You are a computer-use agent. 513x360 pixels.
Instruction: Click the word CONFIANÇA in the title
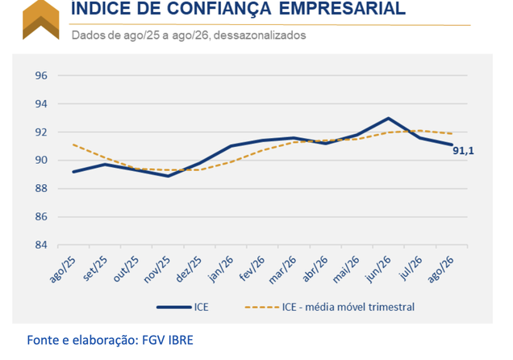pyautogui.click(x=219, y=9)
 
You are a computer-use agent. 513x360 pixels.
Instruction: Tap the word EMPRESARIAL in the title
pyautogui.click(x=342, y=8)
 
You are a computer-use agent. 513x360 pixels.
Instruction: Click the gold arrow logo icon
pyautogui.click(x=41, y=19)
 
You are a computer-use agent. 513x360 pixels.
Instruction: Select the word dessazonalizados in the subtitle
pyautogui.click(x=260, y=35)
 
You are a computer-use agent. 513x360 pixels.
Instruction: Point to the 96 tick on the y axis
pyautogui.click(x=41, y=76)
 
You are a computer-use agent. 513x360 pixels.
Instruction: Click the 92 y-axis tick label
pyautogui.click(x=41, y=132)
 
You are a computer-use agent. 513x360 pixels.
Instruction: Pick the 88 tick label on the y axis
pyautogui.click(x=41, y=189)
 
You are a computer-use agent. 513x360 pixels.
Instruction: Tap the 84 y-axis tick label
pyautogui.click(x=41, y=245)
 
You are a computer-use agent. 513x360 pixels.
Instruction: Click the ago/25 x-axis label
pyautogui.click(x=62, y=270)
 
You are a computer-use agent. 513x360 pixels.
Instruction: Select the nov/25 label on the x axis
pyautogui.click(x=157, y=270)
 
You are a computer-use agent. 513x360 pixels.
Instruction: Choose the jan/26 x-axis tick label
pyautogui.click(x=221, y=269)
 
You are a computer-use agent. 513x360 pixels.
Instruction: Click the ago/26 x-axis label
pyautogui.click(x=441, y=270)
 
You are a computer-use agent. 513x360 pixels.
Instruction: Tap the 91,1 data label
pyautogui.click(x=463, y=151)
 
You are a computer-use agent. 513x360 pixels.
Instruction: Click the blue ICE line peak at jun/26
pyautogui.click(x=388, y=118)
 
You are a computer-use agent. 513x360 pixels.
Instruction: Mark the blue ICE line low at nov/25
pyautogui.click(x=168, y=176)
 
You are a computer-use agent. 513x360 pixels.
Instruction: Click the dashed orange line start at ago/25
pyautogui.click(x=73, y=144)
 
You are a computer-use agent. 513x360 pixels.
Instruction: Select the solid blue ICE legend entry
pyautogui.click(x=182, y=307)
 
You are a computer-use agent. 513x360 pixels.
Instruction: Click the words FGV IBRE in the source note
pyautogui.click(x=168, y=341)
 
